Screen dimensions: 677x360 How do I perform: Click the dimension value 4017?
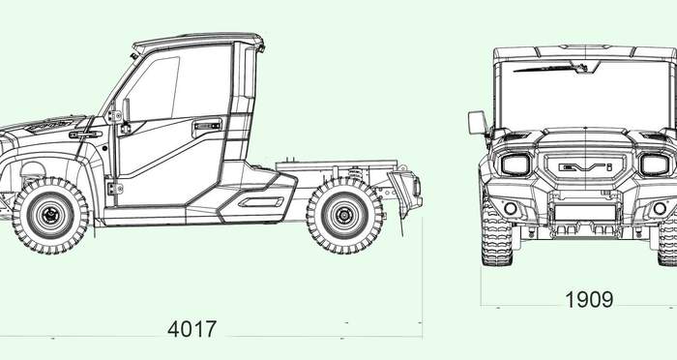tap(191, 329)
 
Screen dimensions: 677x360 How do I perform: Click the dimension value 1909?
tap(589, 299)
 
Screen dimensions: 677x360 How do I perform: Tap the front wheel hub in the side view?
tap(50, 215)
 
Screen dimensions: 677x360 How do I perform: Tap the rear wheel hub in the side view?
tap(344, 215)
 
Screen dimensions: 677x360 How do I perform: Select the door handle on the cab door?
tap(208, 126)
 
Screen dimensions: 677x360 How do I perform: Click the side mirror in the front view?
tap(478, 122)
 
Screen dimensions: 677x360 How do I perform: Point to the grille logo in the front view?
tap(585, 166)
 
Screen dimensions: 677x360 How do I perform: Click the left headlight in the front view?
tap(515, 165)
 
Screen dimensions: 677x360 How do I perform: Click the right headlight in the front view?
tap(655, 165)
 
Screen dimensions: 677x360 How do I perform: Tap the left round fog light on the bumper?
tap(511, 208)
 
